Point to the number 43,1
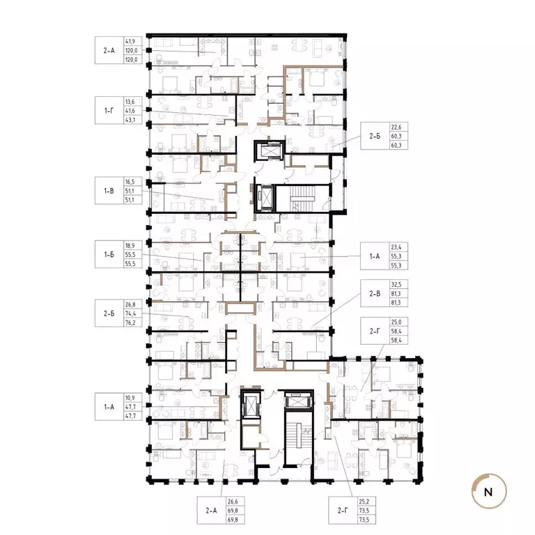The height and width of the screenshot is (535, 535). (130, 120)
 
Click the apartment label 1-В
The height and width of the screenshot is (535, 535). (109, 189)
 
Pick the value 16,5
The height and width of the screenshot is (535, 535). (130, 179)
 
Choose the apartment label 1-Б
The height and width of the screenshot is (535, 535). (109, 256)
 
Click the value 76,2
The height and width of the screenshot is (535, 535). (130, 323)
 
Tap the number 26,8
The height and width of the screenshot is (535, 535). (130, 304)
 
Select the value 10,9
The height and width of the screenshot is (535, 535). (130, 396)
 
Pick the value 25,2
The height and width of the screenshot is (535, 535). (363, 500)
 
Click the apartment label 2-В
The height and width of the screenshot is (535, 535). (374, 294)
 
